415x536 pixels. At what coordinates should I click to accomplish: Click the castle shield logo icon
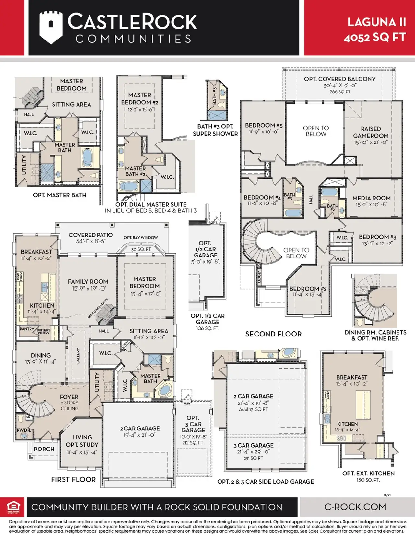(x=51, y=28)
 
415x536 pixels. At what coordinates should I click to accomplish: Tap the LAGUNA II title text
(x=376, y=22)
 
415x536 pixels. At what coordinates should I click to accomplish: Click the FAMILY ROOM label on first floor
(x=88, y=282)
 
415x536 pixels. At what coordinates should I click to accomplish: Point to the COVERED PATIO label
(x=90, y=235)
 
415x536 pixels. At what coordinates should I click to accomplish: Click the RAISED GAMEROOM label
(x=371, y=132)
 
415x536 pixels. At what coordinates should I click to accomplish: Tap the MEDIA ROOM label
(x=371, y=198)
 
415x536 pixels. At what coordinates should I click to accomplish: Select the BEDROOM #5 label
(x=264, y=125)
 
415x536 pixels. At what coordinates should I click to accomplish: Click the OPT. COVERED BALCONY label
(x=339, y=79)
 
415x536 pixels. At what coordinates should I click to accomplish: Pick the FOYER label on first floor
(x=69, y=397)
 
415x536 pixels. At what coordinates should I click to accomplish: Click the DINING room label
(x=41, y=355)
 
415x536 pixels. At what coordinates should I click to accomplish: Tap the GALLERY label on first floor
(x=78, y=356)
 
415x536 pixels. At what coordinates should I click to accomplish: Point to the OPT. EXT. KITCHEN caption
(x=368, y=473)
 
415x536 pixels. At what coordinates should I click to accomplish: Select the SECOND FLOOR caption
(x=273, y=334)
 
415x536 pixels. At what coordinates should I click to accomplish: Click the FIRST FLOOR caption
(x=73, y=479)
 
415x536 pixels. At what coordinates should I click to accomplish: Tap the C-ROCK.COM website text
(x=355, y=507)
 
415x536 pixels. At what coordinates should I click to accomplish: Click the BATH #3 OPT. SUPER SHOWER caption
(x=215, y=130)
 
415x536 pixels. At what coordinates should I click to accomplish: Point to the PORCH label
(x=44, y=449)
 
